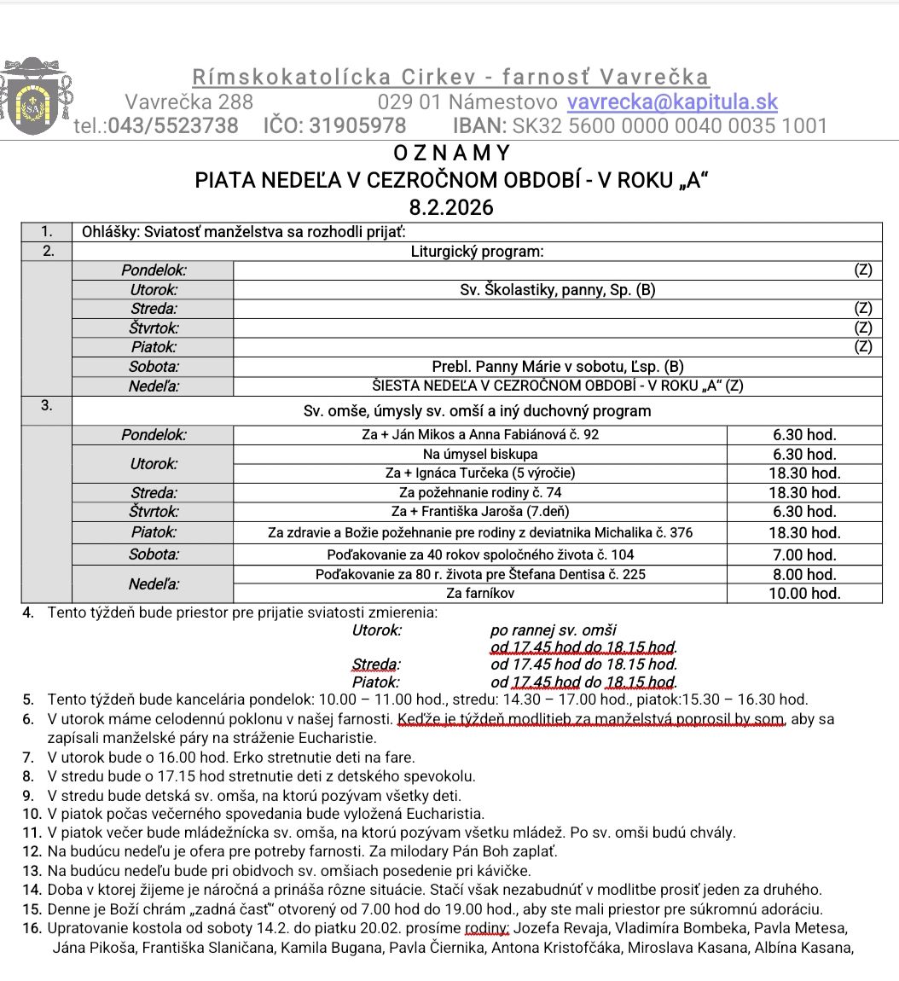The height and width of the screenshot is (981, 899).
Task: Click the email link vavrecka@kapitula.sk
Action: pos(672,102)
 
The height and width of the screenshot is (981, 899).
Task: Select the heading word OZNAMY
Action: pos(451,154)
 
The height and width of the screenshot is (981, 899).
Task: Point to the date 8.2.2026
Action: pos(451,207)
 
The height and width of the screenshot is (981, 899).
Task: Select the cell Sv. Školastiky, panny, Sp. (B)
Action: pos(557,290)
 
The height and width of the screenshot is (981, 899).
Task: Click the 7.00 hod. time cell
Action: pos(804,554)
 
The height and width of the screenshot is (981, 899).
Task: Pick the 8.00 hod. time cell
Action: pos(804,575)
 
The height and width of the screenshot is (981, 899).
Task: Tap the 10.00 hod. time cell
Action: pos(804,594)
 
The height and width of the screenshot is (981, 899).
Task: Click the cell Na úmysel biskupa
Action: pos(480,454)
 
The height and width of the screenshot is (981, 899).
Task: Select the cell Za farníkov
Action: pos(480,594)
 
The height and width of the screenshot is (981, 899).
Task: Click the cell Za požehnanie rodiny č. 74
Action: pos(480,492)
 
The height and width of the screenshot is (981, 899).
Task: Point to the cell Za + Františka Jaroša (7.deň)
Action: pos(480,512)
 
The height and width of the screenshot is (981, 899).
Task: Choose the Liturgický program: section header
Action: pos(477,252)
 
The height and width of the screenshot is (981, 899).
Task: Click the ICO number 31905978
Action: pos(357,126)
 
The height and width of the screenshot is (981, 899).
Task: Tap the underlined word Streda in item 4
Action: pos(374,664)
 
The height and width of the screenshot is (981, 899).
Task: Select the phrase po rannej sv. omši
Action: pos(553,630)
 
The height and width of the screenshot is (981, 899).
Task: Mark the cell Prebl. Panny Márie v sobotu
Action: pos(557,367)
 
